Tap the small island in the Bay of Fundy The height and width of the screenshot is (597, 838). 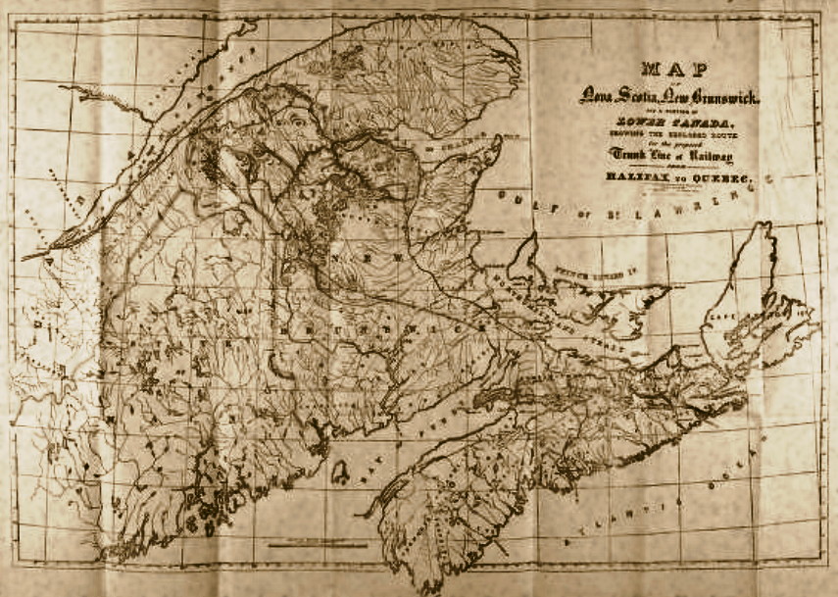point(339,473)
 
